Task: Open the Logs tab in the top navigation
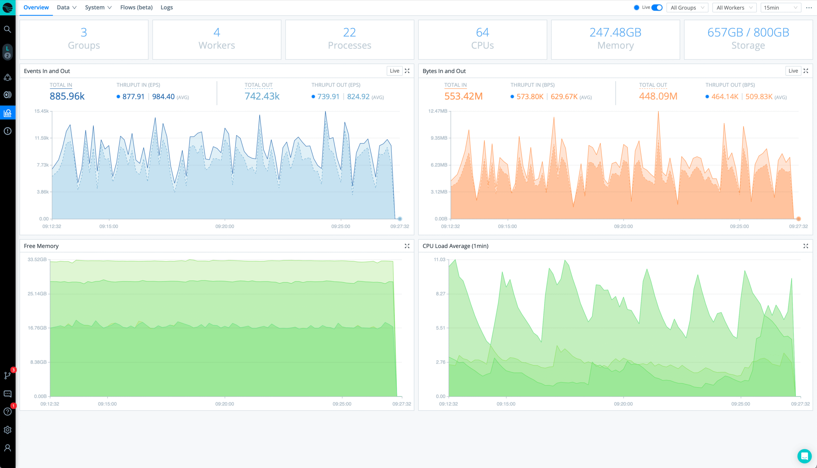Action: point(167,7)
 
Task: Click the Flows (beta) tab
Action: point(136,7)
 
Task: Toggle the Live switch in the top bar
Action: point(656,7)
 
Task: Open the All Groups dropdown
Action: point(687,8)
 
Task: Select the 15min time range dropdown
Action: point(780,8)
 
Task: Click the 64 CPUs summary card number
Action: point(482,32)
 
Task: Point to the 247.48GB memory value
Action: point(615,32)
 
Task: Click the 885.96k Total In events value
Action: point(67,96)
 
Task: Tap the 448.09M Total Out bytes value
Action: point(658,96)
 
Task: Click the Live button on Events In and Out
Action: point(394,71)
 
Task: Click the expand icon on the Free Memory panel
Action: point(407,246)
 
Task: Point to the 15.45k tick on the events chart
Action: point(41,111)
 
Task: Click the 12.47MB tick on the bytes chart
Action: point(438,111)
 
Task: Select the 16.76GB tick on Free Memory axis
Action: point(37,328)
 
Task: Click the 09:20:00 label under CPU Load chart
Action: point(623,404)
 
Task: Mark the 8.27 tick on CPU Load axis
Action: point(440,294)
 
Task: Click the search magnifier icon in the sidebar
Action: point(7,29)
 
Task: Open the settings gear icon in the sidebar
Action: point(7,430)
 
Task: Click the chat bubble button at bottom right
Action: point(804,456)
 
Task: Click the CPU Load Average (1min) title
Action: point(455,246)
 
